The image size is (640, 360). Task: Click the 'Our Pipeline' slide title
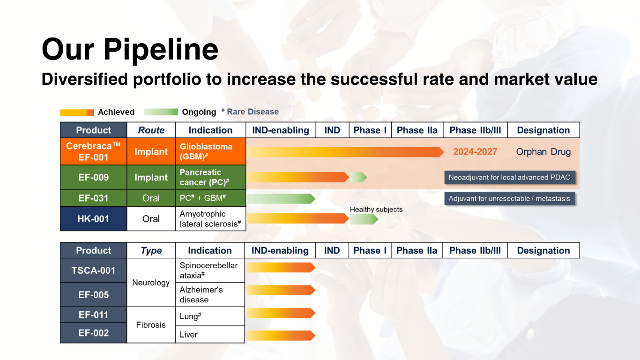pyautogui.click(x=130, y=49)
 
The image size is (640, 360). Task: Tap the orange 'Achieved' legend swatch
pyautogui.click(x=77, y=112)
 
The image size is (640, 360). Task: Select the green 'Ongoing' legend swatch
pyautogui.click(x=161, y=112)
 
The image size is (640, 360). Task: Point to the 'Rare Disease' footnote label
pyautogui.click(x=253, y=112)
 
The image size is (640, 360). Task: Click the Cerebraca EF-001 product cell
pyautogui.click(x=93, y=151)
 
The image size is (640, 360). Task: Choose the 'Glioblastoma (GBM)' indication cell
pyautogui.click(x=210, y=151)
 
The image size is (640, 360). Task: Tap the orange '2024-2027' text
pyautogui.click(x=475, y=152)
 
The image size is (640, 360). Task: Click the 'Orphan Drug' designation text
pyautogui.click(x=543, y=152)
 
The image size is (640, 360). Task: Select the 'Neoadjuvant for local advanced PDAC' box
pyautogui.click(x=509, y=178)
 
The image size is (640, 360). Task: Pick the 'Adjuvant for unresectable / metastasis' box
pyautogui.click(x=509, y=199)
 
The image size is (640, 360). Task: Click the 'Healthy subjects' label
pyautogui.click(x=376, y=210)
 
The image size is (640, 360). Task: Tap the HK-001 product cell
pyautogui.click(x=93, y=219)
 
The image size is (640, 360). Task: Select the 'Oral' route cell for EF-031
pyautogui.click(x=151, y=198)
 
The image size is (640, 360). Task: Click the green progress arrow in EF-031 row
pyautogui.click(x=280, y=199)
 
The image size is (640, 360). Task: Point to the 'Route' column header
pyautogui.click(x=151, y=130)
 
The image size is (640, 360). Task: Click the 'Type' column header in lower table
pyautogui.click(x=151, y=251)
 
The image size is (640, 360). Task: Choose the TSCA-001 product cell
pyautogui.click(x=93, y=270)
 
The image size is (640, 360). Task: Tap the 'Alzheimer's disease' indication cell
pyautogui.click(x=210, y=295)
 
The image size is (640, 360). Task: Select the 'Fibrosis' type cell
pyautogui.click(x=151, y=325)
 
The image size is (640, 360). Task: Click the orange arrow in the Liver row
pyautogui.click(x=280, y=335)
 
